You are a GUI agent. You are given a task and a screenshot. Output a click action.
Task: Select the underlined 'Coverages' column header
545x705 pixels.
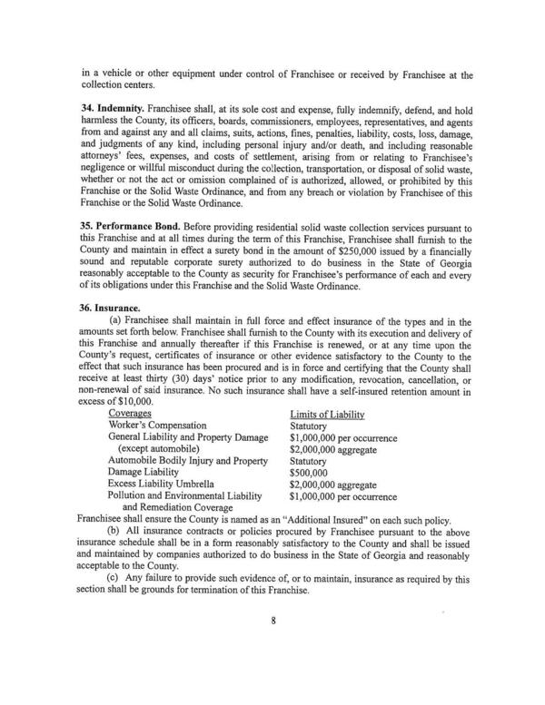tap(129, 413)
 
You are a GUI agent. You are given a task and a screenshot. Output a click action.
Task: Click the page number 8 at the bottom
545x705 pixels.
tap(272, 648)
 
